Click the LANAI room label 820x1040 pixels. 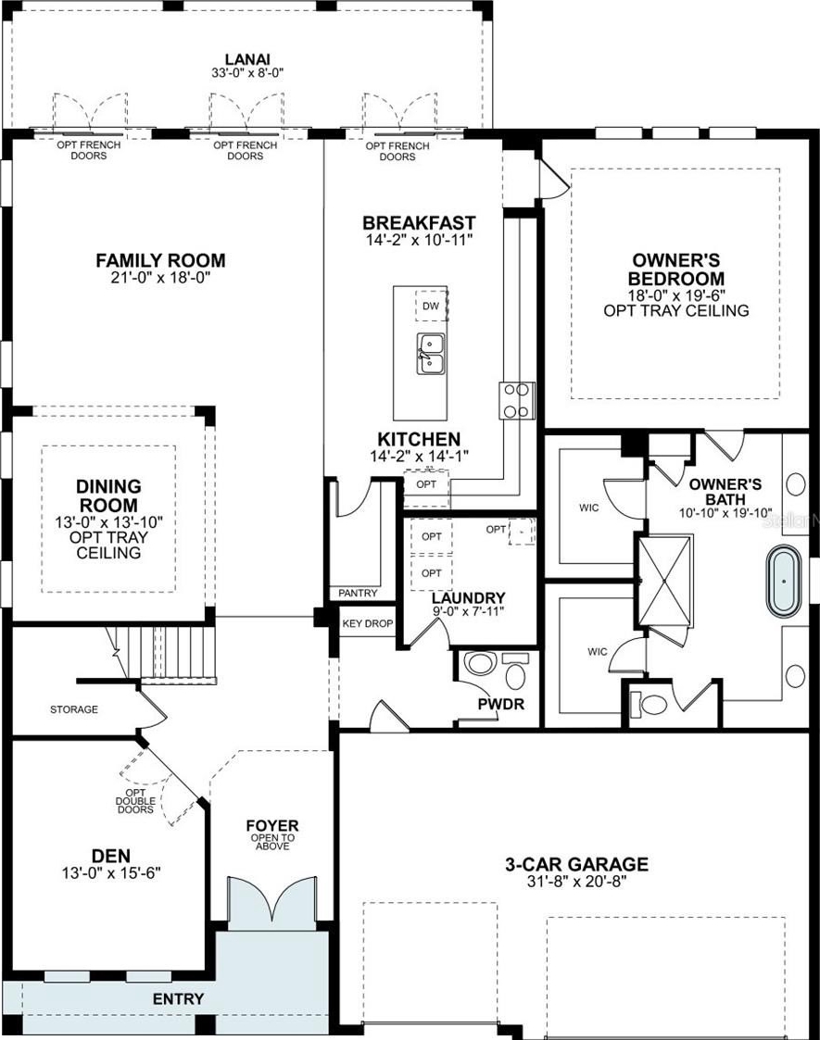pos(247,59)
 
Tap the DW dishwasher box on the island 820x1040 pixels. pos(431,306)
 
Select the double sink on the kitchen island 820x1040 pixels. pos(431,354)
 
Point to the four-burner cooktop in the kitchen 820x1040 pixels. pos(517,401)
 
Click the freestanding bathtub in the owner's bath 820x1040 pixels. pos(784,582)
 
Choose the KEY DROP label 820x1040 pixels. pos(368,623)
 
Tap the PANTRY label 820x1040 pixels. pos(358,593)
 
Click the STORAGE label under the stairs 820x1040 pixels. pos(73,709)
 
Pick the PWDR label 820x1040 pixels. pos(501,704)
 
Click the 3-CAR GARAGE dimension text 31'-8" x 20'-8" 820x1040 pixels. pos(576,881)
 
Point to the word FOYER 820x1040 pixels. pos(272,826)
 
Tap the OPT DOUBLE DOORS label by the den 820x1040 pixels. pos(135,801)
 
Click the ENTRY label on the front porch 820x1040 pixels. pos(179,999)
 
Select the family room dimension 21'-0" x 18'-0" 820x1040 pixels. pos(160,277)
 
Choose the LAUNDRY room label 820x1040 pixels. pos(469,597)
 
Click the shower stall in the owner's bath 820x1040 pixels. pos(664,581)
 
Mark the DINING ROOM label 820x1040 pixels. pos(108,496)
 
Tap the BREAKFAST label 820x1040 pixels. pos(419,223)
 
